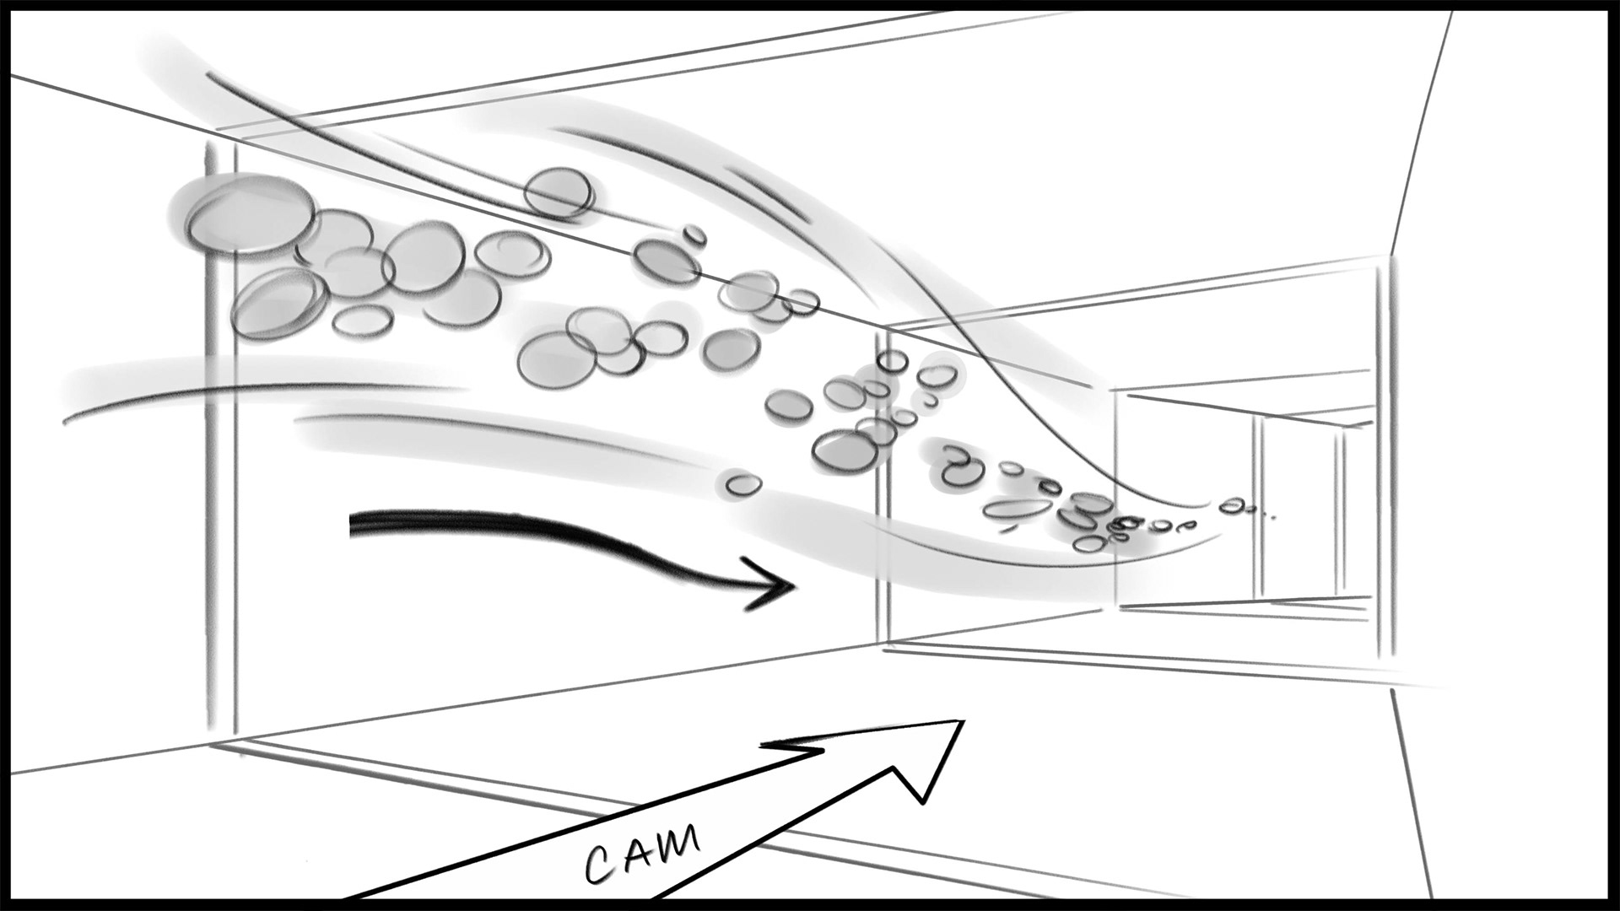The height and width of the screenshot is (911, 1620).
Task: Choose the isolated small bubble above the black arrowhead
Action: pos(742,484)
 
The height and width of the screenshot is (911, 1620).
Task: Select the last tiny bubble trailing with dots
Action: pos(1233,505)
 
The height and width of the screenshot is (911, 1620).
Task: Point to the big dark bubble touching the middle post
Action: pos(845,449)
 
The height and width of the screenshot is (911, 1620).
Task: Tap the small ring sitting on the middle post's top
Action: pos(890,361)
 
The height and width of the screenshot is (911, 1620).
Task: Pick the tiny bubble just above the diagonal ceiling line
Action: pos(694,234)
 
